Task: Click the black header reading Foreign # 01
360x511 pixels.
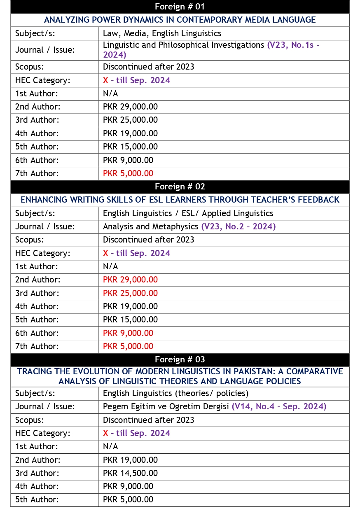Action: [x=180, y=7]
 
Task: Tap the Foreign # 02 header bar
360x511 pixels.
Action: [x=180, y=187]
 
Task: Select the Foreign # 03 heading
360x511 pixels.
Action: [x=180, y=359]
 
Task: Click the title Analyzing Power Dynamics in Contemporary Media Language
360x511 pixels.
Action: [x=180, y=20]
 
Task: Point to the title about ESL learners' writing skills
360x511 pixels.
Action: [x=180, y=200]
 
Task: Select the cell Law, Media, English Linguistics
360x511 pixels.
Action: [x=162, y=33]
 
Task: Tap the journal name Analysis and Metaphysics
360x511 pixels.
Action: [x=151, y=226]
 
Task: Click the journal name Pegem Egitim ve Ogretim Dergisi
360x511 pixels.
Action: [x=166, y=406]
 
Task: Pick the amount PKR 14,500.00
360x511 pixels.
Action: [x=130, y=473]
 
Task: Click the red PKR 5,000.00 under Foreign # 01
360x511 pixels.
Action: [x=128, y=173]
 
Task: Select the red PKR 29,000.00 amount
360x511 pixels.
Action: [x=130, y=280]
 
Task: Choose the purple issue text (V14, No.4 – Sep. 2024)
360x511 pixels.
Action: [x=279, y=406]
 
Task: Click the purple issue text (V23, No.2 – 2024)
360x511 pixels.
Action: [x=238, y=226]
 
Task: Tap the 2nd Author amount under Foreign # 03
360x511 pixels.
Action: [x=130, y=460]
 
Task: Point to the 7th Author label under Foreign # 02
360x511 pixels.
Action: [x=37, y=346]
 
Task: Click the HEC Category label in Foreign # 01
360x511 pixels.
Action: [x=43, y=80]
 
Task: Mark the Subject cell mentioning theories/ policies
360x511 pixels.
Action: [x=175, y=393]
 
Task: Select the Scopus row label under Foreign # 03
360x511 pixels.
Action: [x=29, y=420]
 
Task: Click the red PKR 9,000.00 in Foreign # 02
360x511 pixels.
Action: [x=128, y=333]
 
